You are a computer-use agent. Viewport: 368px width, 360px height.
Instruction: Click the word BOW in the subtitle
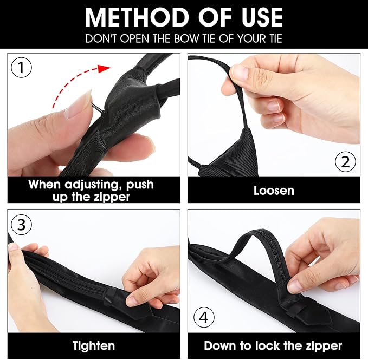click(x=186, y=38)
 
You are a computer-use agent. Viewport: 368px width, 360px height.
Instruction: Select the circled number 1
click(x=21, y=68)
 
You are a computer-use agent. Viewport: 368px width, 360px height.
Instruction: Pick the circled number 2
click(x=345, y=162)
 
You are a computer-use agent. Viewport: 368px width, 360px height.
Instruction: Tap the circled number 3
click(x=21, y=225)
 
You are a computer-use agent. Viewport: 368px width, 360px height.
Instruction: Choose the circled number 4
click(x=204, y=318)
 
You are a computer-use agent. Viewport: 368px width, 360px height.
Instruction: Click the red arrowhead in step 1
click(x=104, y=68)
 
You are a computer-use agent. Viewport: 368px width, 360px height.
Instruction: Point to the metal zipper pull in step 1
click(x=97, y=108)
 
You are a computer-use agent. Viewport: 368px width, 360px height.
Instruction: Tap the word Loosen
click(x=274, y=191)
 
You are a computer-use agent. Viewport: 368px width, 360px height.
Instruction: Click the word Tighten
click(x=94, y=346)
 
